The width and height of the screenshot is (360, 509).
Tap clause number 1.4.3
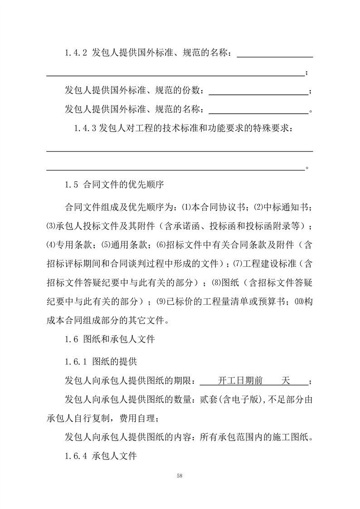pos(85,128)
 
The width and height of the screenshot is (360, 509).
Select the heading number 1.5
pos(73,185)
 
